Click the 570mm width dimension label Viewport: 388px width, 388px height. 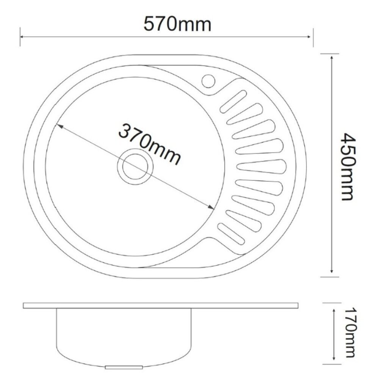pos(177,24)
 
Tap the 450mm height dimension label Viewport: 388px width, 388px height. pos(348,167)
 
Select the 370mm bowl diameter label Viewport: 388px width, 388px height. pos(150,144)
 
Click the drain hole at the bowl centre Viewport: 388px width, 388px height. pos(135,166)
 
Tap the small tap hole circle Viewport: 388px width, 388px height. pos(208,81)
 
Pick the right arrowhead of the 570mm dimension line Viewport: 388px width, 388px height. pos(309,37)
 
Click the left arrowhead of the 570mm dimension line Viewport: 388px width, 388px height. pos(22,37)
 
